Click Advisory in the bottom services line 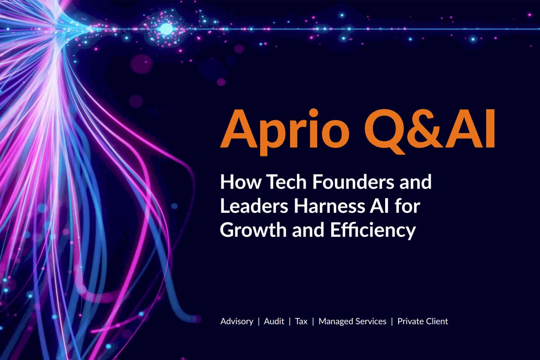[237, 321]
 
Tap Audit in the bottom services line [274, 321]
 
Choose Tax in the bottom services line [301, 321]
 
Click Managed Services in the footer [352, 321]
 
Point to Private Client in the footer [423, 321]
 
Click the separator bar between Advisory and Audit [258, 321]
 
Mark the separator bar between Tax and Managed [313, 321]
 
